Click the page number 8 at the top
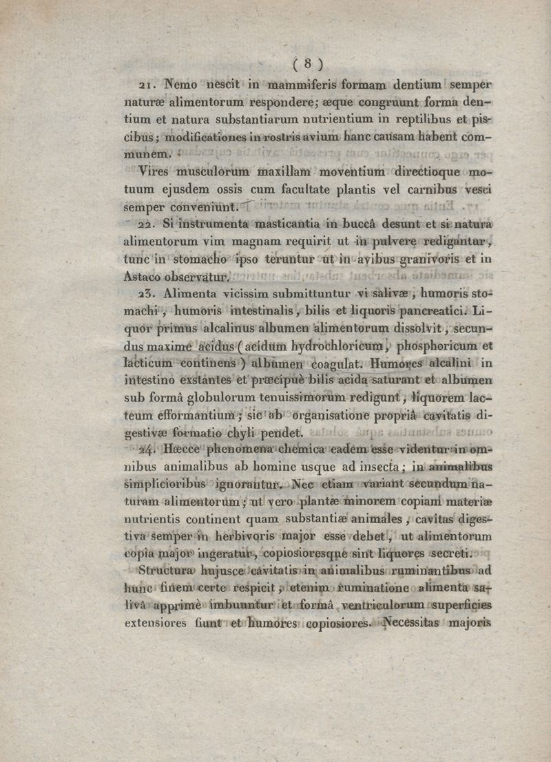309,64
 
